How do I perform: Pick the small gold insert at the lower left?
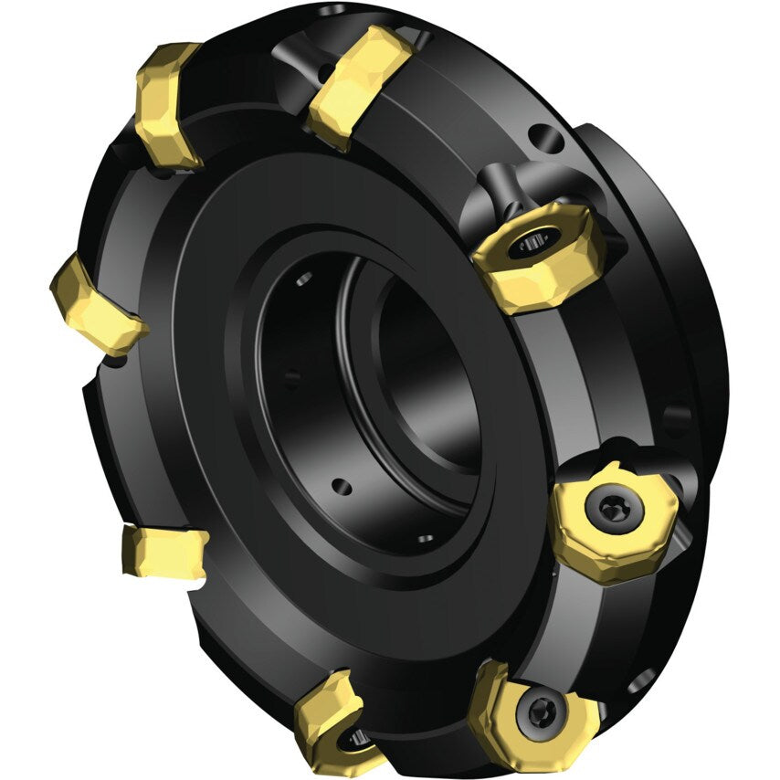coord(164,552)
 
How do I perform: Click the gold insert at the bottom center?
coord(333,717)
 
